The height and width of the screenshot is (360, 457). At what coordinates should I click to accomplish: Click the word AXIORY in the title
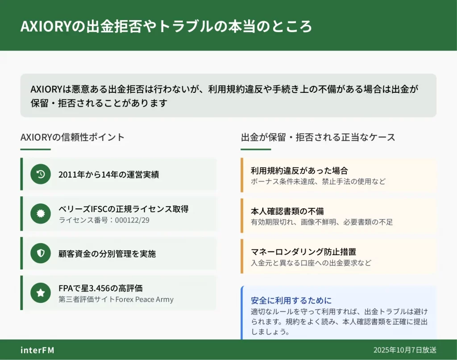point(46,26)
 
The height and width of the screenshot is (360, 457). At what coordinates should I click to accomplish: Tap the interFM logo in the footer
point(37,350)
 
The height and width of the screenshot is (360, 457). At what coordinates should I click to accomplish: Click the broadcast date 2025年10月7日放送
point(405,350)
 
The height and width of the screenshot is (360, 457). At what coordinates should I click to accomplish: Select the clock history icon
point(41,174)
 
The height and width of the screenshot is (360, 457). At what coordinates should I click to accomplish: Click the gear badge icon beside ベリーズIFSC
point(41,214)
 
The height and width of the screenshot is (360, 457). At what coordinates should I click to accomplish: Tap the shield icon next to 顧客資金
point(41,253)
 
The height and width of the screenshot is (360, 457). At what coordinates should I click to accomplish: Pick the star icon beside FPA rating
point(41,293)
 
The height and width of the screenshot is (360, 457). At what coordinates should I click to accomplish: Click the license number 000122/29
point(132,220)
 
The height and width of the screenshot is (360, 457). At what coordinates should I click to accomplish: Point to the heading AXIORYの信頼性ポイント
point(72,137)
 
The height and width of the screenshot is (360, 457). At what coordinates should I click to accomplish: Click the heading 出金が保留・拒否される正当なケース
point(318,137)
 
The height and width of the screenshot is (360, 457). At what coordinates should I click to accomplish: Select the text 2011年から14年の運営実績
point(109,174)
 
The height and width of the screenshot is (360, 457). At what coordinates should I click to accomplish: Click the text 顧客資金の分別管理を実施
point(107,254)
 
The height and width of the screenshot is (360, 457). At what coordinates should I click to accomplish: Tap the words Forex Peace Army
point(144,299)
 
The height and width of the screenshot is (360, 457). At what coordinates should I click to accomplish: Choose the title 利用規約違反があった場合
point(299,170)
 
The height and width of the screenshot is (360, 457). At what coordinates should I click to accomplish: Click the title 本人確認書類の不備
point(287,211)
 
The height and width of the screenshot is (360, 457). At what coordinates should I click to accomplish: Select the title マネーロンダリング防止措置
point(303,252)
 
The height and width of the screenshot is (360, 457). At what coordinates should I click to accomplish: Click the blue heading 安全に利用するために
point(291,300)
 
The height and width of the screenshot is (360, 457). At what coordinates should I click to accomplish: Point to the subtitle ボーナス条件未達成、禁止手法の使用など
point(318,182)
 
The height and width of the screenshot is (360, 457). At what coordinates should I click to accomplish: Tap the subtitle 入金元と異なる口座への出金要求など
point(311,263)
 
